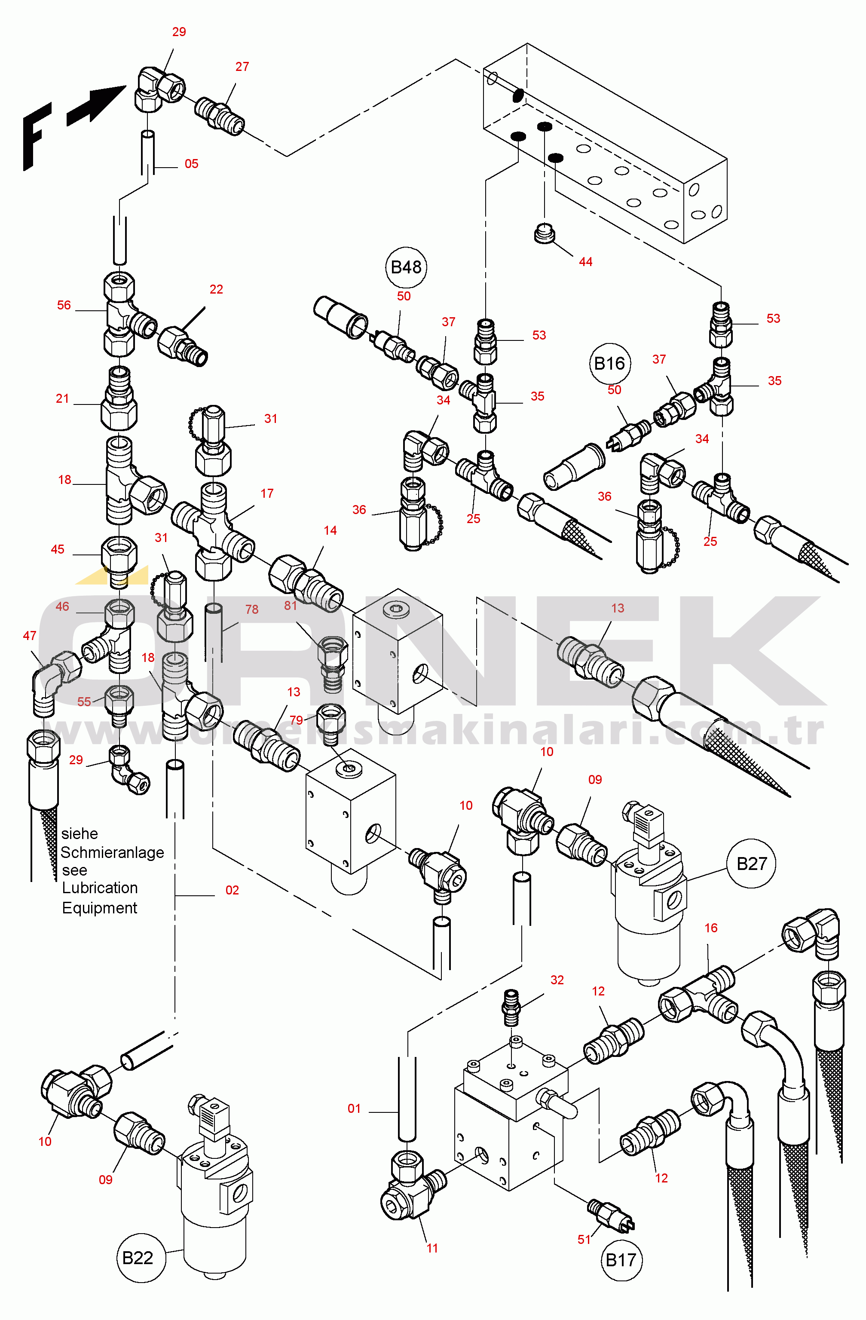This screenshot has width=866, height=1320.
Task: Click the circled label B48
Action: (x=406, y=267)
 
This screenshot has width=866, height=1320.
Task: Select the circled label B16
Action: (x=609, y=364)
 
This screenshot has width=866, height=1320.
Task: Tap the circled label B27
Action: (x=751, y=864)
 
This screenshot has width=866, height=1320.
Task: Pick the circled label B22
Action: (x=138, y=1258)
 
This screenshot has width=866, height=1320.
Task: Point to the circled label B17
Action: (x=621, y=1260)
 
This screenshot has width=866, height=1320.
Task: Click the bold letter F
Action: (x=36, y=136)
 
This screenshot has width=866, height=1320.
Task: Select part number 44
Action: (x=585, y=262)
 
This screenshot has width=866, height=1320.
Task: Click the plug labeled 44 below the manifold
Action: (x=545, y=233)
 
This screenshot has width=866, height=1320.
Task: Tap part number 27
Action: (x=242, y=67)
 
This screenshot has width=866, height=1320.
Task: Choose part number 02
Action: (x=232, y=890)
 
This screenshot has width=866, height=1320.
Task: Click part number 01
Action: (x=354, y=1108)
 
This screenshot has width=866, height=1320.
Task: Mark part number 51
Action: (x=584, y=1239)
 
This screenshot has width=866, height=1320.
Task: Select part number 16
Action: (x=711, y=928)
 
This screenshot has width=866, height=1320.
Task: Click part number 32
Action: (x=557, y=980)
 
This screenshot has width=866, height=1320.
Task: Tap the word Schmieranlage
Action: (x=112, y=852)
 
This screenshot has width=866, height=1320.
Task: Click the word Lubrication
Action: (x=100, y=888)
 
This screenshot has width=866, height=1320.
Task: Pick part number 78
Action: (x=252, y=609)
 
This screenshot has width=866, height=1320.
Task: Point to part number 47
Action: (x=30, y=636)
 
